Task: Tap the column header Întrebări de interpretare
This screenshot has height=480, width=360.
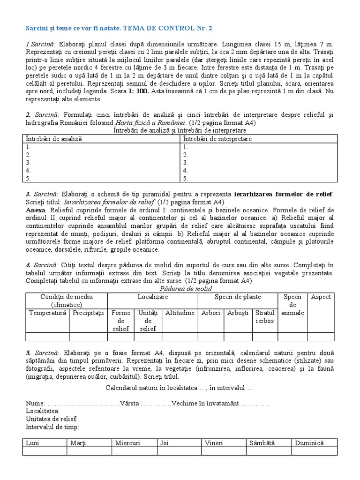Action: pyautogui.click(x=217, y=139)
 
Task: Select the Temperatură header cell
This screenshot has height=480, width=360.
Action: pyautogui.click(x=47, y=313)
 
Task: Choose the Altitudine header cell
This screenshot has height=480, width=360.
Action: pyautogui.click(x=180, y=313)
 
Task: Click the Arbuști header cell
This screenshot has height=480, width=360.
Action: pyautogui.click(x=238, y=313)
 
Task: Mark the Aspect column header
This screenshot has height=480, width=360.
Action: pyautogui.click(x=321, y=297)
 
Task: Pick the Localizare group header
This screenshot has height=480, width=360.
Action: pyautogui.click(x=152, y=297)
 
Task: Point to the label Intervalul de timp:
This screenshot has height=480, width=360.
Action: pyautogui.click(x=52, y=427)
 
